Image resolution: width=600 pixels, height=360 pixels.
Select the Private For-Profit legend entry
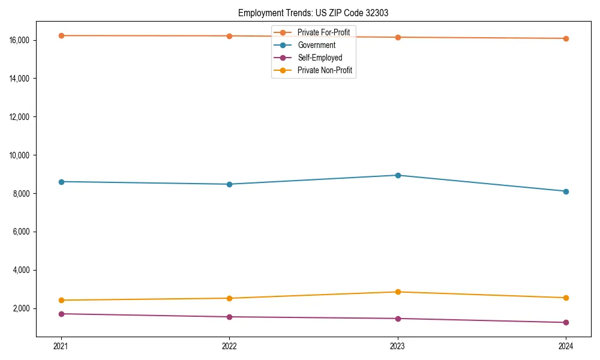coord(323,32)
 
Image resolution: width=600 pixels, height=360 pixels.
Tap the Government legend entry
coord(316,45)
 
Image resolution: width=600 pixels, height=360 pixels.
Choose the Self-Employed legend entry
coord(320,58)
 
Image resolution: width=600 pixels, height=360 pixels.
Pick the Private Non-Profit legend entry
coord(325,71)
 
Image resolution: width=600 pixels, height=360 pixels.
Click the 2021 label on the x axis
coord(61,346)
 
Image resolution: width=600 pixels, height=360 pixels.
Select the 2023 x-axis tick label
coord(398,346)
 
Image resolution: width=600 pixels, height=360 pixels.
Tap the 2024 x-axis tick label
coord(566,346)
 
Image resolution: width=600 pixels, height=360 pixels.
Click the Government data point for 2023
coord(398,175)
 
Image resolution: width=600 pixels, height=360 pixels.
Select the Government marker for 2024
coord(566,191)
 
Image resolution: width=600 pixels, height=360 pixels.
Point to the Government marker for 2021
coord(61,182)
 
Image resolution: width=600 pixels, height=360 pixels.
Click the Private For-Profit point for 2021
coord(61,36)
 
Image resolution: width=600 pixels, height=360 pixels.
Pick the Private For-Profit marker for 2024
coord(566,38)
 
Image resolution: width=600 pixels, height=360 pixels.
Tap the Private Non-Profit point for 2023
coord(398,292)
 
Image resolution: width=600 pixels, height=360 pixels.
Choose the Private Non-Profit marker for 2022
coord(229,298)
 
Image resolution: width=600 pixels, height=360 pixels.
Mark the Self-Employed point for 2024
coord(566,323)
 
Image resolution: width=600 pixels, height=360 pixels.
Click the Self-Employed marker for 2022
coord(229,317)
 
